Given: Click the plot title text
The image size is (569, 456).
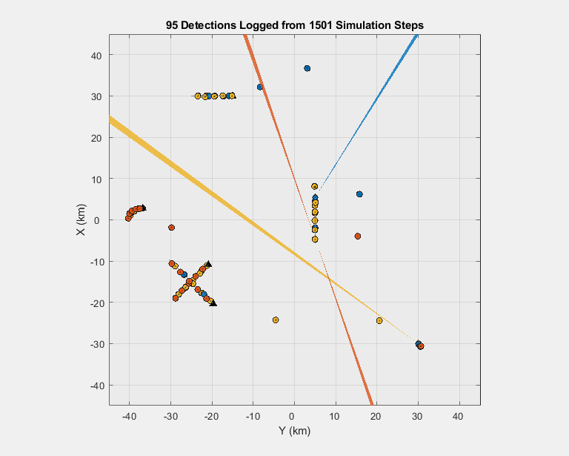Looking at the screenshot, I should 295,25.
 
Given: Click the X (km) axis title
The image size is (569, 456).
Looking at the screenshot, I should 82,220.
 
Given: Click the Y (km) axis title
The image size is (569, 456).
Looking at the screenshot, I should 294,431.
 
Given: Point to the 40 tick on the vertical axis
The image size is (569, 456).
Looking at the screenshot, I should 96,55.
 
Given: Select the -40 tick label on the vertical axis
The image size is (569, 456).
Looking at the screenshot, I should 94,385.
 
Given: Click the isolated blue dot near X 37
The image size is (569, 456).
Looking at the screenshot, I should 307,68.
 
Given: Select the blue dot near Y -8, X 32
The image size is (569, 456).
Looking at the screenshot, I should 260,87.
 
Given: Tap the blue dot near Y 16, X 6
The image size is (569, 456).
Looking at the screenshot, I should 360,194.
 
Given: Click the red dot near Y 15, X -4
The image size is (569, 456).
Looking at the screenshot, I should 358,236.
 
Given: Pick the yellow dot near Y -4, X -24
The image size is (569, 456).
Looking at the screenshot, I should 276,320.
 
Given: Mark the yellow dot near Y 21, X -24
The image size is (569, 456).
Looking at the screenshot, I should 379,320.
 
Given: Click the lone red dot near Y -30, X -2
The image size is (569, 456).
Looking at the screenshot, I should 171,228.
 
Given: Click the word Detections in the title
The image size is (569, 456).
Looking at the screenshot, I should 210,25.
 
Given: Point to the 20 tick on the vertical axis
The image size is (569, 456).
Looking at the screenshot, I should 96,137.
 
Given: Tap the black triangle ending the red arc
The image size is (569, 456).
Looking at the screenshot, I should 143,208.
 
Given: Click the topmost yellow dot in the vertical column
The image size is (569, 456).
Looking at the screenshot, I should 315,187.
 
